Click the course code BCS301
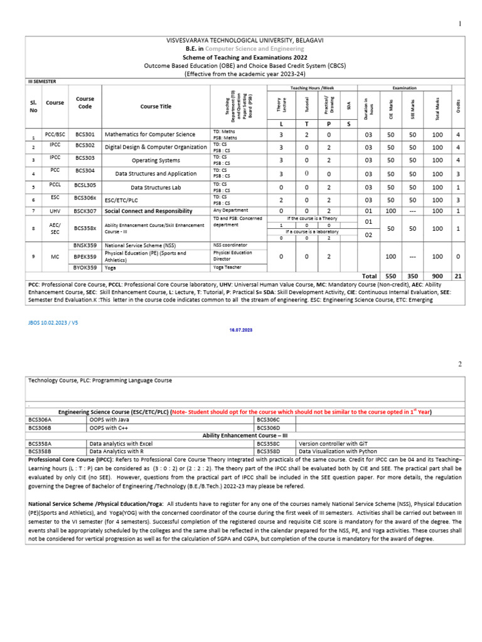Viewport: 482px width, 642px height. pos(85,134)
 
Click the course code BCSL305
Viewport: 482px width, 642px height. pos(85,186)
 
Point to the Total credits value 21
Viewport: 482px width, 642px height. pos(458,276)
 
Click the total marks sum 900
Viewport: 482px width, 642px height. pos(437,276)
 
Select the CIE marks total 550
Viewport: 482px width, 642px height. pos(390,276)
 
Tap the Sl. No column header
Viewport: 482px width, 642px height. pos(34,106)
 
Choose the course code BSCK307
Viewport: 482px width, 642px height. pos(85,211)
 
